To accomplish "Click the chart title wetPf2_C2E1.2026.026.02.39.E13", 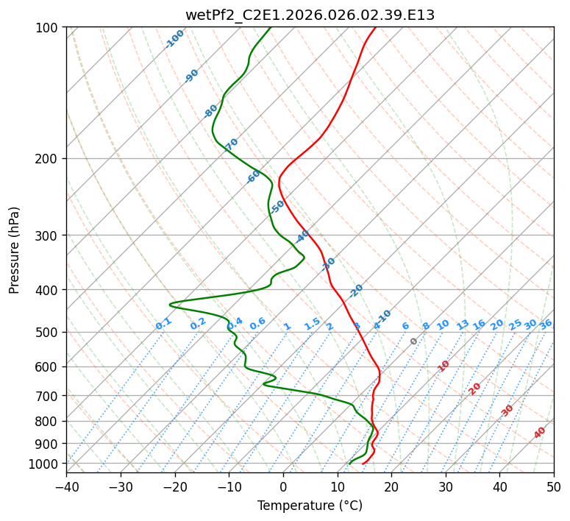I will pyautogui.click(x=310, y=15).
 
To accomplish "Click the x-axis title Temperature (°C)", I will pyautogui.click(x=310, y=506).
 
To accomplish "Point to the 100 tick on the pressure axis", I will pyautogui.click(x=49, y=28).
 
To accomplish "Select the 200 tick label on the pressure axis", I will pyautogui.click(x=49, y=158).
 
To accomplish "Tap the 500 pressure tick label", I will pyautogui.click(x=49, y=332).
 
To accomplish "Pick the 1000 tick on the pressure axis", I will pyautogui.click(x=46, y=464).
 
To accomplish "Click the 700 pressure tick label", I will pyautogui.click(x=49, y=396).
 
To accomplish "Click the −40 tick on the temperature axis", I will pyautogui.click(x=66, y=486).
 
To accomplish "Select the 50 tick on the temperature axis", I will pyautogui.click(x=554, y=486).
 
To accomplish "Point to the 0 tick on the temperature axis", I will pyautogui.click(x=283, y=486).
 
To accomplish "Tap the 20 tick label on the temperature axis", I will pyautogui.click(x=391, y=486).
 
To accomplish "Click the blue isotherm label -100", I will pyautogui.click(x=175, y=38).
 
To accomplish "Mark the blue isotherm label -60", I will pyautogui.click(x=254, y=176).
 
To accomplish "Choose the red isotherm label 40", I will pyautogui.click(x=540, y=433).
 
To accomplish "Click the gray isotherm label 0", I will pyautogui.click(x=414, y=341).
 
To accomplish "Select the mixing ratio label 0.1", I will pyautogui.click(x=163, y=324).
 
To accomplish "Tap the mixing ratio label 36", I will pyautogui.click(x=546, y=324).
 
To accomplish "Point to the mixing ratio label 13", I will pyautogui.click(x=463, y=325).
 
